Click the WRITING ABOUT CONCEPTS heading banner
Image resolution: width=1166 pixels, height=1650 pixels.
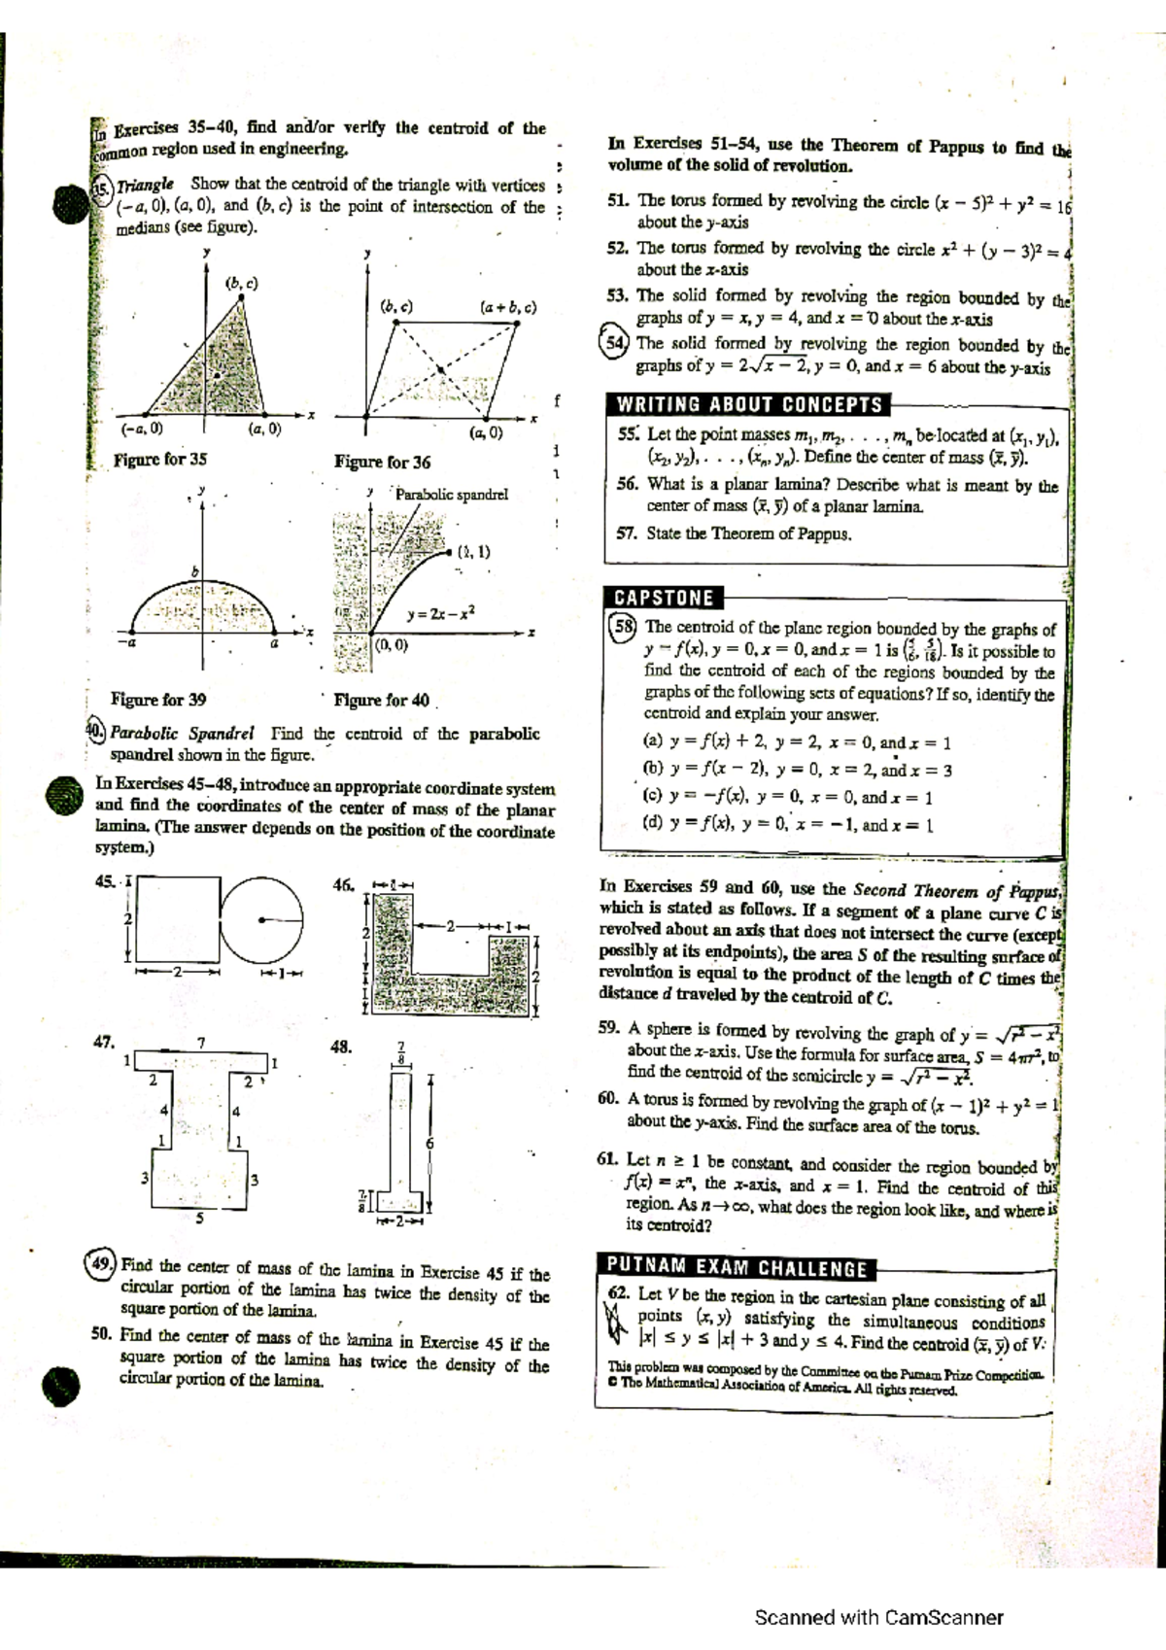coord(749,404)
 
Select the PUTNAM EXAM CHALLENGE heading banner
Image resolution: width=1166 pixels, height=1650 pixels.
coord(737,1268)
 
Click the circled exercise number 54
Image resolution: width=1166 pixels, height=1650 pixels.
coord(615,343)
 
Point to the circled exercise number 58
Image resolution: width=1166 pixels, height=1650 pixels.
coord(623,627)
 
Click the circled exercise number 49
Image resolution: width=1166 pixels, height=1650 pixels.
coord(100,1265)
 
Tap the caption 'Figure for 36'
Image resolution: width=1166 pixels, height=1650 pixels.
coord(382,462)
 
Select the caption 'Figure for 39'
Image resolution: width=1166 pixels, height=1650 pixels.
coord(158,699)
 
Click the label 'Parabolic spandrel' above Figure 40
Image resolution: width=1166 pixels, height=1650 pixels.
coord(452,495)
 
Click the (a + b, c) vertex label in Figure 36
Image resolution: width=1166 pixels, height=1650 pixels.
coord(507,307)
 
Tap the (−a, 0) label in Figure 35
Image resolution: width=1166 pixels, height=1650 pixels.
coord(142,428)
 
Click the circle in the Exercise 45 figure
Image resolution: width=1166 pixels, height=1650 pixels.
coord(261,917)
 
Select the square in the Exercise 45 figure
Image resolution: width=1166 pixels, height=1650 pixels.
coord(176,918)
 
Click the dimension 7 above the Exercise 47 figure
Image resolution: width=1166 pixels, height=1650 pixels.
coord(201,1043)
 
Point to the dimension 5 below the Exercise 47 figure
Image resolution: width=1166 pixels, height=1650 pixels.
coord(200,1218)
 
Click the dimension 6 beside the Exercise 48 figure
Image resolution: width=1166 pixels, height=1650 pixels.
coord(429,1143)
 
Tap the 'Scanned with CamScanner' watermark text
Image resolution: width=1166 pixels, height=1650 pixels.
coord(878,1618)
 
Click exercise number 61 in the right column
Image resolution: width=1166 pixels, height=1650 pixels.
coord(608,1159)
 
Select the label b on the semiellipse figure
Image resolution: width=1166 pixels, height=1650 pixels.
coord(193,571)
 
